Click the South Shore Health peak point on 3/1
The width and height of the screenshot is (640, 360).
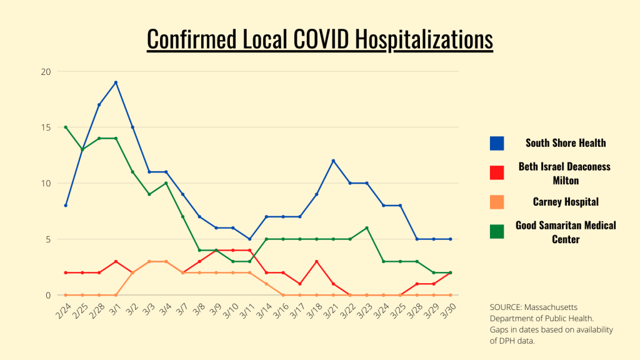pyautogui.click(x=116, y=82)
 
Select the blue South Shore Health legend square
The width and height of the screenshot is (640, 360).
pyautogui.click(x=497, y=143)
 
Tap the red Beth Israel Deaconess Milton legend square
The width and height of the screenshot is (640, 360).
pyautogui.click(x=497, y=172)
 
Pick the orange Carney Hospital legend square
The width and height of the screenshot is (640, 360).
pyautogui.click(x=497, y=202)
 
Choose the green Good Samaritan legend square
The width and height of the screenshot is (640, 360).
pyautogui.click(x=497, y=231)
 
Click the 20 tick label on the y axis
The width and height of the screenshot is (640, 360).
pyautogui.click(x=45, y=71)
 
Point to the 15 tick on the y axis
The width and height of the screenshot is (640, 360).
pyautogui.click(x=45, y=127)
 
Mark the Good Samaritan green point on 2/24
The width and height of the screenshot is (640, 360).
pyautogui.click(x=66, y=127)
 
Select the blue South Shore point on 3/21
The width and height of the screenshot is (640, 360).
pyautogui.click(x=333, y=161)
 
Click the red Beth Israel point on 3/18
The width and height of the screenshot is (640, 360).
pyautogui.click(x=316, y=261)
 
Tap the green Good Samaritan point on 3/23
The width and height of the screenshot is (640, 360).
pyautogui.click(x=367, y=227)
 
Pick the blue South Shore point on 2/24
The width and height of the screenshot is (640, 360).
pyautogui.click(x=66, y=205)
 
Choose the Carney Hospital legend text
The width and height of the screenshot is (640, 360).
pyautogui.click(x=566, y=202)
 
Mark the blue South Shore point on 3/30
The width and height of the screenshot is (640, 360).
pyautogui.click(x=451, y=239)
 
